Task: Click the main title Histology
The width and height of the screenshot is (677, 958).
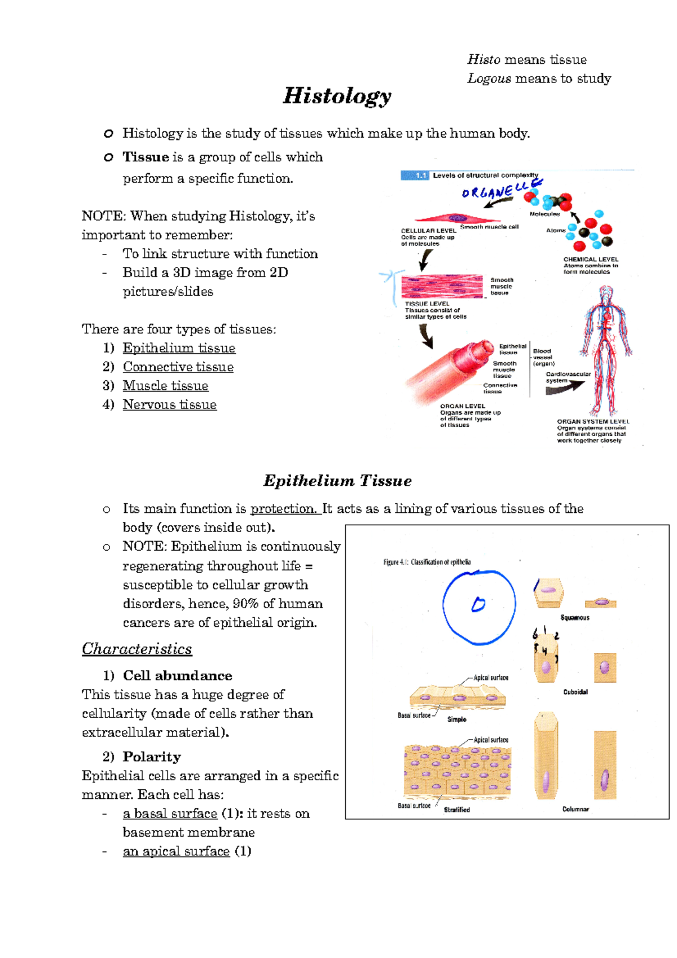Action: click(337, 96)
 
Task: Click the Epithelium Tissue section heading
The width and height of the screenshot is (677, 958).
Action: click(337, 481)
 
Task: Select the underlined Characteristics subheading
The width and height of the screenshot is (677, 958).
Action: click(137, 649)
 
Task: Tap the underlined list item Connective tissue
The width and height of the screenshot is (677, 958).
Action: click(178, 367)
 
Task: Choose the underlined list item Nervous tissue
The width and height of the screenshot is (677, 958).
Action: click(170, 405)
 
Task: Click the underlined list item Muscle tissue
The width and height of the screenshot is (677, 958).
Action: click(165, 386)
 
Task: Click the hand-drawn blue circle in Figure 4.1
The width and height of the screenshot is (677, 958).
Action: click(479, 608)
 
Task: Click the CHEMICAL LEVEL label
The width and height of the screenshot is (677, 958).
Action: click(591, 260)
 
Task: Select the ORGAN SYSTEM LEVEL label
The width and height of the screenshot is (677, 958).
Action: click(593, 421)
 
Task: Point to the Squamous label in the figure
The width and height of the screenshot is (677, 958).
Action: click(575, 618)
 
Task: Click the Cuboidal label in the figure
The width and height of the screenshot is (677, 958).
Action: click(575, 692)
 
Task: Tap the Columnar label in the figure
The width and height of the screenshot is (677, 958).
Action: click(575, 809)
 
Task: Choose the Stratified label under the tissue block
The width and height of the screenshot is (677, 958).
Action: click(456, 810)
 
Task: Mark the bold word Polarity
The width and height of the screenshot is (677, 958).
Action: click(152, 757)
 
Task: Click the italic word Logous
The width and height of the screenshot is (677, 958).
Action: click(489, 78)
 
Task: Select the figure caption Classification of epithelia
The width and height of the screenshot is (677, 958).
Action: click(427, 562)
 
